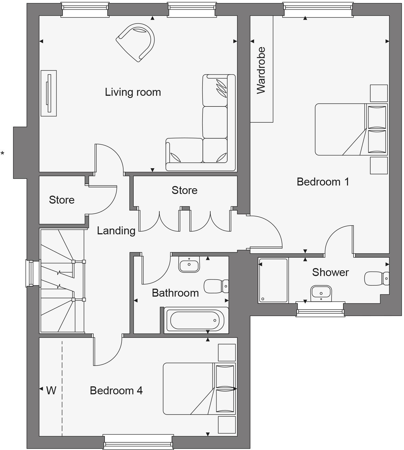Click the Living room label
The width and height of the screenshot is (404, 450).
pos(133,92)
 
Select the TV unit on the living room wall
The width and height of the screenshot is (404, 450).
pos(49,93)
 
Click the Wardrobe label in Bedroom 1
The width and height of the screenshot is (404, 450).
pos(261,71)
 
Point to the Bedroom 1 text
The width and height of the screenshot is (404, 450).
pos(323,182)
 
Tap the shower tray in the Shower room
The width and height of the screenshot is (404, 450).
pos(273,280)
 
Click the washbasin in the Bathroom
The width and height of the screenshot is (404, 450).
pos(189,265)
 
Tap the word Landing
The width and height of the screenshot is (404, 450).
pos(116,231)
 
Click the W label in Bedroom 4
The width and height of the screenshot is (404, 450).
pos(51,390)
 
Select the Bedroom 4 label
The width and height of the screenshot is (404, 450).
pos(116,390)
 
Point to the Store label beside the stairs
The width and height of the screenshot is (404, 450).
pos(62,200)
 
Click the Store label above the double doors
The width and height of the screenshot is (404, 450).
pos(184,190)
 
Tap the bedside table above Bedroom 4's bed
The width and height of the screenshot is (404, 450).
pos(227,353)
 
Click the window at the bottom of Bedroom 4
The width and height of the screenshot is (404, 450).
pos(138,442)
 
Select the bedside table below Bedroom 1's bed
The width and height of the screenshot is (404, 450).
pos(379,165)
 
